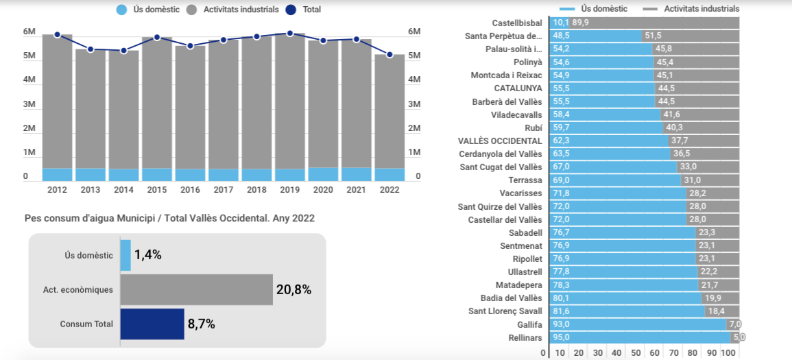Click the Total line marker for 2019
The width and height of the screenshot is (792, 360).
(289, 33)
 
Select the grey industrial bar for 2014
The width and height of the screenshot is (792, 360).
(123, 110)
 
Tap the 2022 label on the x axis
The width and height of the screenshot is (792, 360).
(389, 189)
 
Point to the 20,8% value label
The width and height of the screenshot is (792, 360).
(293, 289)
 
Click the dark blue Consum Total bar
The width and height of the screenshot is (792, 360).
(152, 324)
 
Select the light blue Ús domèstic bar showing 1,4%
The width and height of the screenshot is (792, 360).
(125, 255)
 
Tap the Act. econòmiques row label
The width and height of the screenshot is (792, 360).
(77, 289)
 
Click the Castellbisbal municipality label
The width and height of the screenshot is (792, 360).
(517, 23)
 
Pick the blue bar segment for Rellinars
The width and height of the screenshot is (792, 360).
(640, 337)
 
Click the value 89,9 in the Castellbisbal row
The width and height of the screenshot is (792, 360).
(580, 23)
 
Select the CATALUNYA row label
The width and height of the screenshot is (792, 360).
(518, 88)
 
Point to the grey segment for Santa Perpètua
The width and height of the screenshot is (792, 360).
(691, 36)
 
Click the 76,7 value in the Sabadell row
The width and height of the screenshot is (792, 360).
(562, 232)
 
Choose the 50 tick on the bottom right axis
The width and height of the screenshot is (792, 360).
(636, 352)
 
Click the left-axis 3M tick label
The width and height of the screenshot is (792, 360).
(29, 104)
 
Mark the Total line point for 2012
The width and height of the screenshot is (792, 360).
(57, 34)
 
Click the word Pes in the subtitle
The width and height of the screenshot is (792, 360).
(32, 218)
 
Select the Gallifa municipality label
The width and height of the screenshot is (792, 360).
(529, 324)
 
